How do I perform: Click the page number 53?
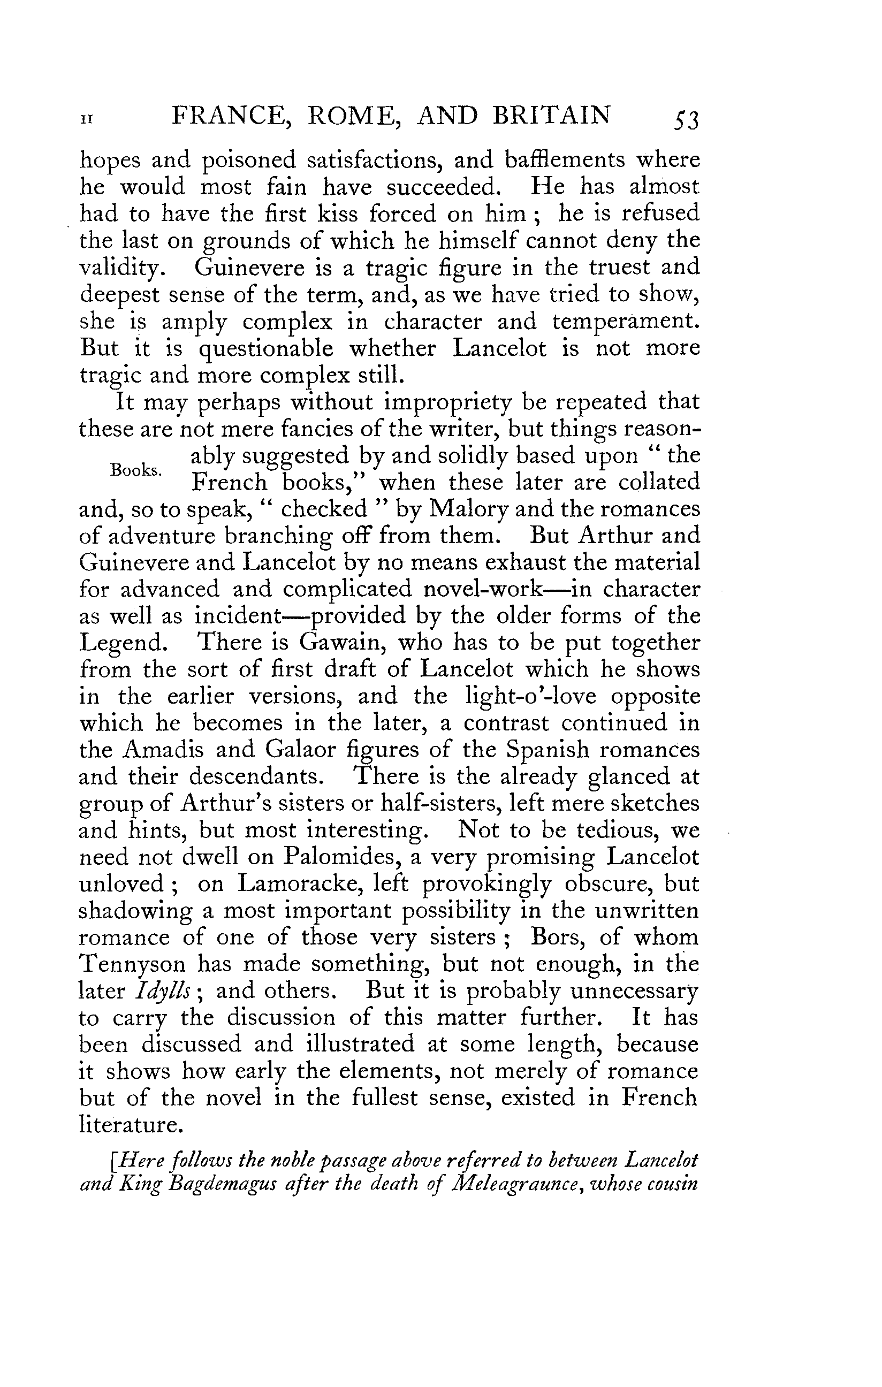tap(685, 120)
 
